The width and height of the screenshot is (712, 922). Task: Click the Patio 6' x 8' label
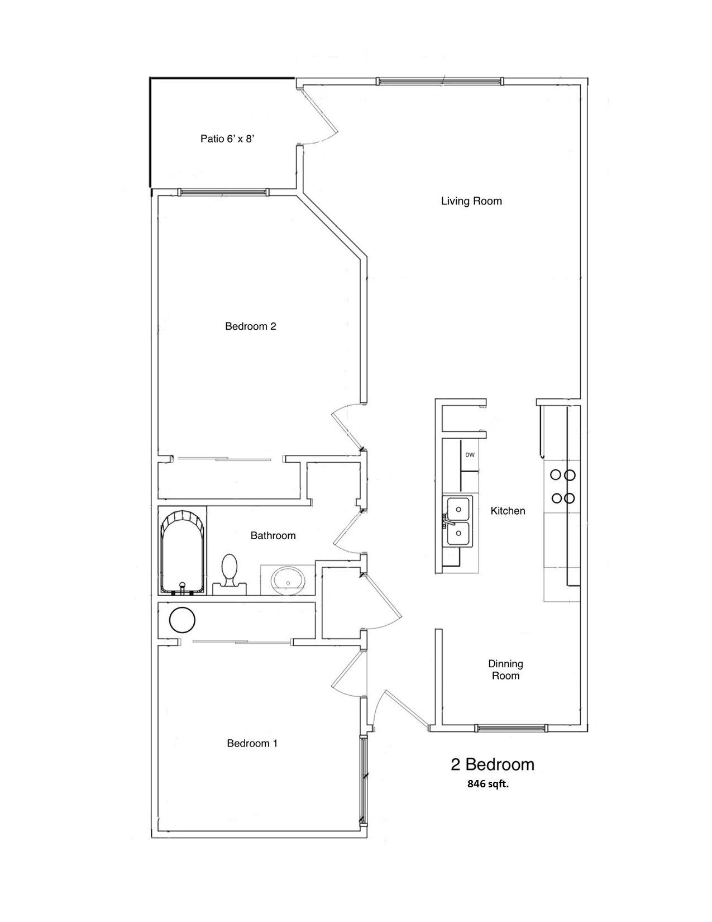tap(228, 139)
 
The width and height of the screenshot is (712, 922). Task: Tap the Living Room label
tap(471, 201)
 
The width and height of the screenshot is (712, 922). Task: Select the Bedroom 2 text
tap(251, 326)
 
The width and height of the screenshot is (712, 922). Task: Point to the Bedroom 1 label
tap(252, 743)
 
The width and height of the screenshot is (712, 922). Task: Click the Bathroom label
tap(273, 536)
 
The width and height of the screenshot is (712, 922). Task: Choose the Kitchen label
tap(508, 511)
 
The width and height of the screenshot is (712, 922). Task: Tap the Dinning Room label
tap(505, 670)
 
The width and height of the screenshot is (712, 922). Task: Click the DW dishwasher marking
tap(470, 455)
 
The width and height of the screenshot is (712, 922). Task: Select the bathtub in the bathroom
tap(182, 551)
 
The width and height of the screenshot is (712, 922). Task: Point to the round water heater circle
tap(182, 620)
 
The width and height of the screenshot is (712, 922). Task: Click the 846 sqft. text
tap(488, 784)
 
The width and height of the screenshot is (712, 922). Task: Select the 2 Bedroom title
tap(493, 764)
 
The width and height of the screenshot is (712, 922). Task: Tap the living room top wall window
tap(440, 82)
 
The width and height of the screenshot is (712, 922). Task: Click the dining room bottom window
tap(509, 728)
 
